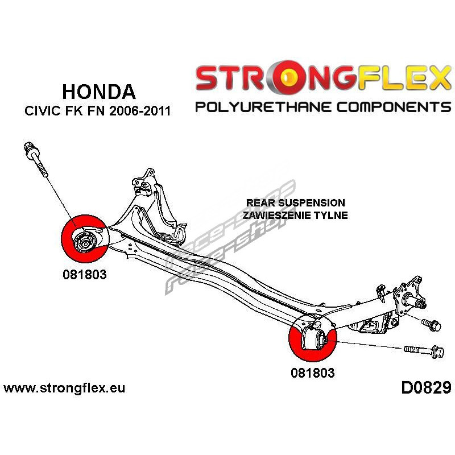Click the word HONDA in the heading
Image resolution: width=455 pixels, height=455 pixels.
(x=99, y=92)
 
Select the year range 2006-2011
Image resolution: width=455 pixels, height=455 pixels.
(x=140, y=111)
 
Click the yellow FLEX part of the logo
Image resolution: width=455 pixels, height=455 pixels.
(x=404, y=78)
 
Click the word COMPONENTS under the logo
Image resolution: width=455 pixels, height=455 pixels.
(x=394, y=107)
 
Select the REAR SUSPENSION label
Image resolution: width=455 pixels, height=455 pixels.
(x=295, y=202)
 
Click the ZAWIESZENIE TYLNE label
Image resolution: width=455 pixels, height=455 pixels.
(x=295, y=216)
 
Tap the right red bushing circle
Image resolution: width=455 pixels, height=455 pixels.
(x=312, y=338)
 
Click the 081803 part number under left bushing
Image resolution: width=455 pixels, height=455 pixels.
(x=84, y=275)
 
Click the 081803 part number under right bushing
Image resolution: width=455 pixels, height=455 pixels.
(x=312, y=373)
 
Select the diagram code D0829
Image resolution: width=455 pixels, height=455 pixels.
(x=426, y=388)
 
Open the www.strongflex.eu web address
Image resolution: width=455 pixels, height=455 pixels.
(x=64, y=388)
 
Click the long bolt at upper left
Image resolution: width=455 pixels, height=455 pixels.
(x=36, y=159)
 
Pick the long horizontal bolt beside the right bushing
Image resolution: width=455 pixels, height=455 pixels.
(x=424, y=351)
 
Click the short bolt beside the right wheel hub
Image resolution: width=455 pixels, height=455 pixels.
(x=431, y=325)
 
